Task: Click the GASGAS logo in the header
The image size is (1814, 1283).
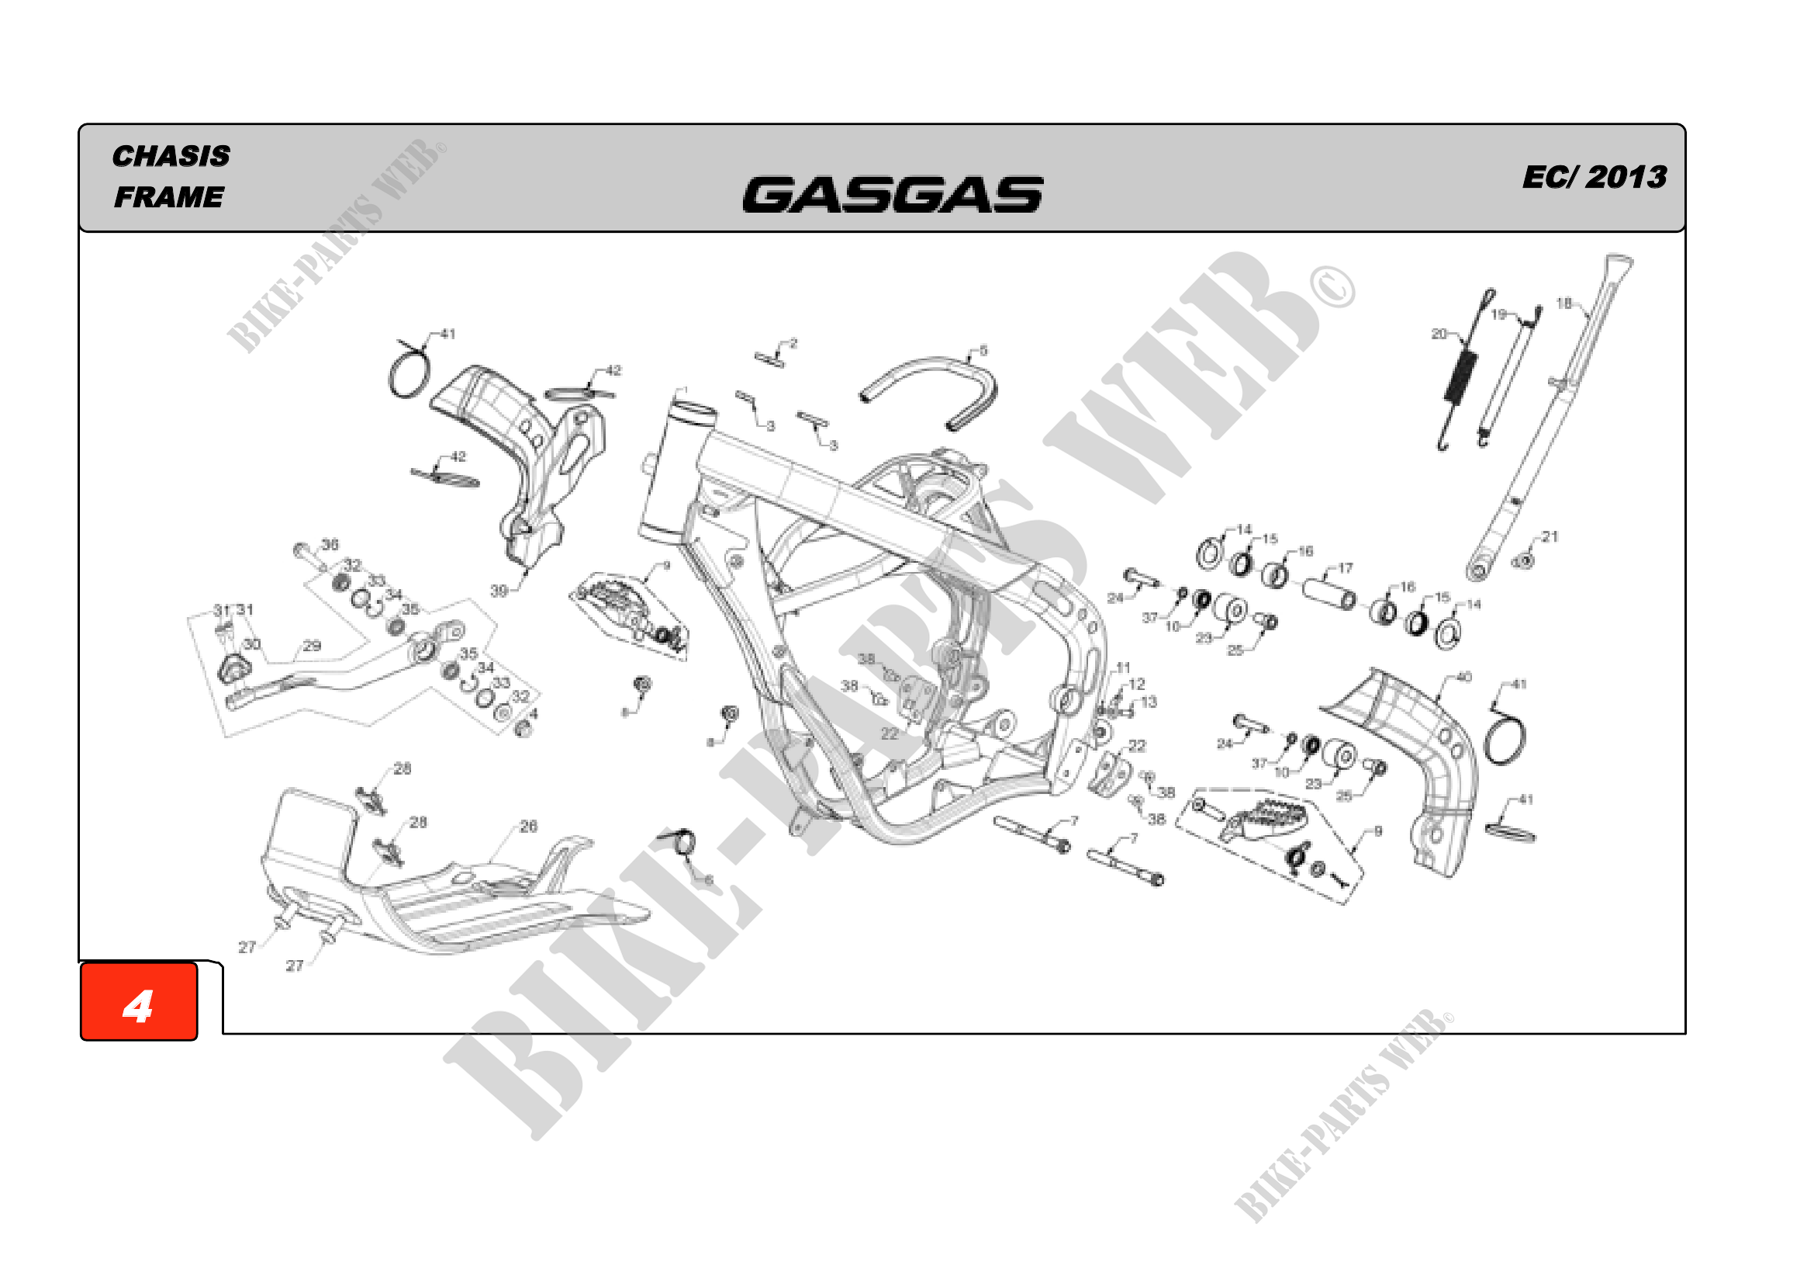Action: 892,195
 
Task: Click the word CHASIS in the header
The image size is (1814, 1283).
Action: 171,156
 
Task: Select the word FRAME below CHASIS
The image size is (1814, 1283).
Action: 168,197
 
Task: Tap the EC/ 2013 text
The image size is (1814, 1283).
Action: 1594,177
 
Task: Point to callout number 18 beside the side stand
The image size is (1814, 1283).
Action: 1563,303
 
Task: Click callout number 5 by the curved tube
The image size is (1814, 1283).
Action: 983,350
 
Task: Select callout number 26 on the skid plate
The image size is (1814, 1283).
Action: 529,826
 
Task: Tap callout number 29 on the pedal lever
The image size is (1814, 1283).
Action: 312,646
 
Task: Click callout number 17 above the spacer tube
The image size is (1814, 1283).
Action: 1345,567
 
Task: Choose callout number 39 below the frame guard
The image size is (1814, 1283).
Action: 499,591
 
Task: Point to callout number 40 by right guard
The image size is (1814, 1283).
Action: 1463,678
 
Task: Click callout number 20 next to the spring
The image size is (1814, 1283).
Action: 1439,334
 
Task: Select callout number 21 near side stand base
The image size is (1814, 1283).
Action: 1550,537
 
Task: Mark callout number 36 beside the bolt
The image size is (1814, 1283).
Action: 330,544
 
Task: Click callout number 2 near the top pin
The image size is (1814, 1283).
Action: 793,343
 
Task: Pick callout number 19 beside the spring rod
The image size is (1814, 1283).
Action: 1499,314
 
